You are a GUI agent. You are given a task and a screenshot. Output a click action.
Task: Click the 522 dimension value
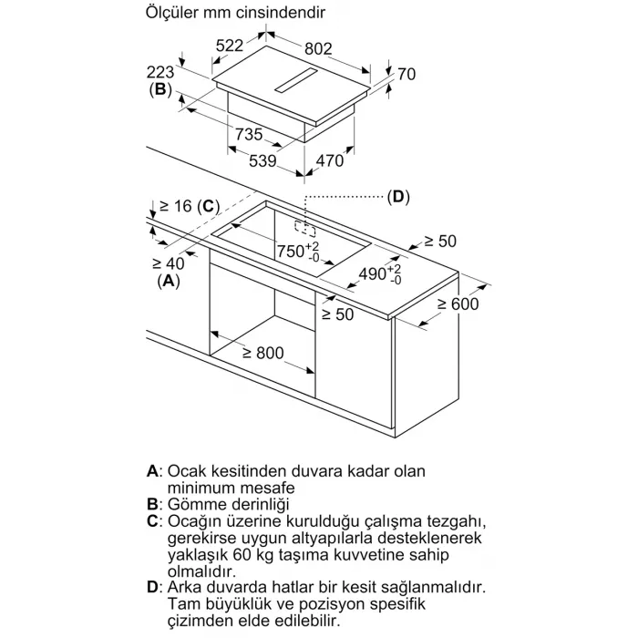click(230, 46)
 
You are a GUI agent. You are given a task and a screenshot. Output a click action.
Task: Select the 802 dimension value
click(318, 49)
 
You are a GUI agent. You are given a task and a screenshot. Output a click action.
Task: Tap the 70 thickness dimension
click(406, 74)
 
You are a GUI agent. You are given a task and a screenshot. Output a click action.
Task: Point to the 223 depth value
click(160, 72)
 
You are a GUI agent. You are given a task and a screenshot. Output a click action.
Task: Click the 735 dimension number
click(249, 134)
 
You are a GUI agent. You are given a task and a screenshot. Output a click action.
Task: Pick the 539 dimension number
click(262, 161)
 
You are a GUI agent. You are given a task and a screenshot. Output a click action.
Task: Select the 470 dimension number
click(330, 161)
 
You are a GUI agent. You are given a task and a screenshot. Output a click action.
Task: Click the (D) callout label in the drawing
click(398, 197)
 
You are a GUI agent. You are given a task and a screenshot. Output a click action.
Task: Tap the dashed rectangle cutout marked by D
click(305, 229)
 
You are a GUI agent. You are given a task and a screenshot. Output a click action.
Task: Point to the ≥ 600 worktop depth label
click(458, 304)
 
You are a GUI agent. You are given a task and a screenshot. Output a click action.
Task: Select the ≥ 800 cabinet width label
click(262, 353)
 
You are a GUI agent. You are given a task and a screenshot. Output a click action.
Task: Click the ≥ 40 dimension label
click(168, 263)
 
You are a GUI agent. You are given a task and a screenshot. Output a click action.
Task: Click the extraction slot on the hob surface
click(296, 81)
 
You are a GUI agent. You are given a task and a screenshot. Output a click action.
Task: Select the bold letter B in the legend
click(152, 504)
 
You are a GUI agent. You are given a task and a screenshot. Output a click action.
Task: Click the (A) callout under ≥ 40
click(169, 281)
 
